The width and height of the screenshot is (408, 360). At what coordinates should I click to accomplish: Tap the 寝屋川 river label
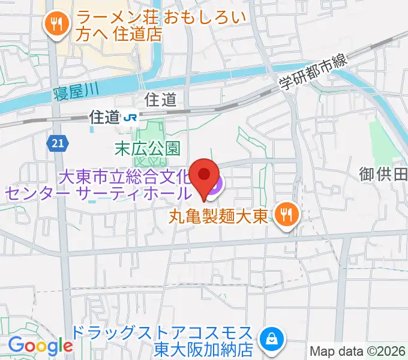(76, 92)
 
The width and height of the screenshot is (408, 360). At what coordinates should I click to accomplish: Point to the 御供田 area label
(384, 175)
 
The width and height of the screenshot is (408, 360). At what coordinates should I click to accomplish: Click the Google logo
(40, 346)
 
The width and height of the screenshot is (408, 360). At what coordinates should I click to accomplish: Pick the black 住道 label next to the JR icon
(104, 117)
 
